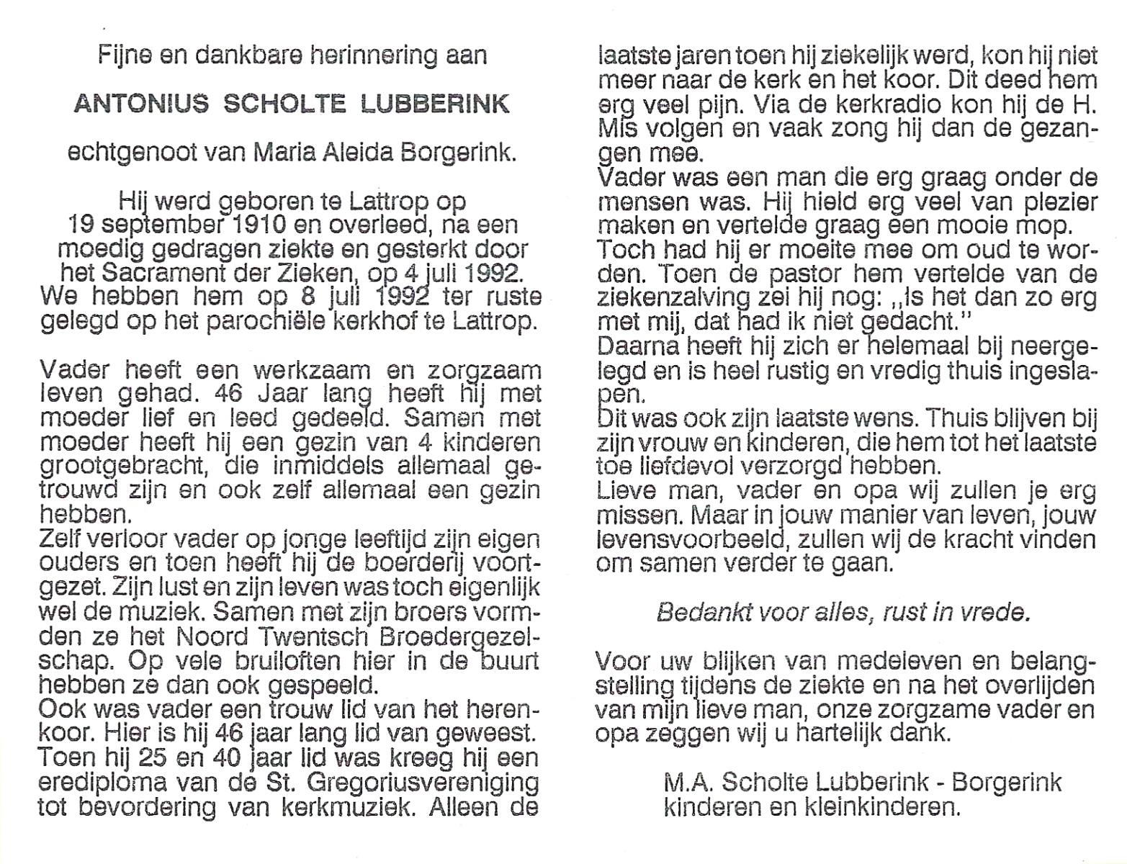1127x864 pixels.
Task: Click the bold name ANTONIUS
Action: pos(141,104)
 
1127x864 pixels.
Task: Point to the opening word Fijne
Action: pos(124,56)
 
